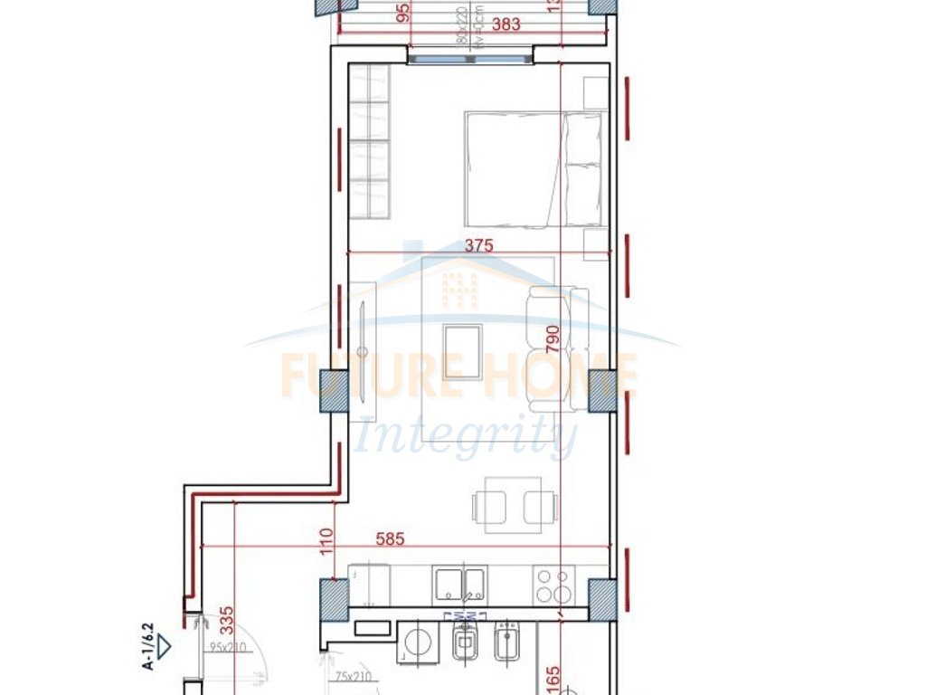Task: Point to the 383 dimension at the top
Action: pos(506,24)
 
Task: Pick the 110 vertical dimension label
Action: pos(326,541)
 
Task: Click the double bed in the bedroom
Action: pos(534,168)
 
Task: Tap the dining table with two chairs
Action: pos(507,504)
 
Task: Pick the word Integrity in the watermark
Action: pos(466,437)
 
